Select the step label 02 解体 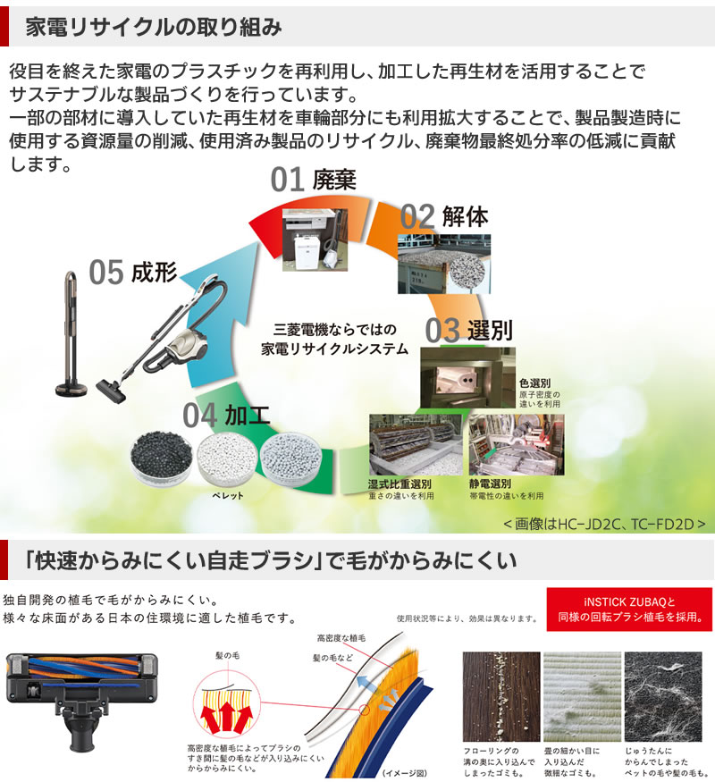(444, 217)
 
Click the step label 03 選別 (468, 330)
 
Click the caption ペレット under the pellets (227, 495)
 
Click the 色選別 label (534, 383)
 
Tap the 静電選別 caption (492, 483)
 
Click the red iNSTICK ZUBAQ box (628, 610)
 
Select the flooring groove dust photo (500, 694)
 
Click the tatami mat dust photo (582, 694)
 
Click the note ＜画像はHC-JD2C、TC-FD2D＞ (604, 522)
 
